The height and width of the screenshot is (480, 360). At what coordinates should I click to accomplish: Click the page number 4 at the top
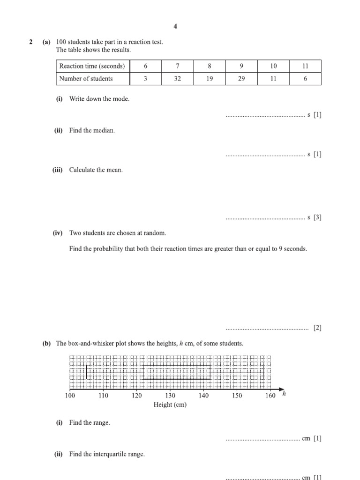[x=175, y=26]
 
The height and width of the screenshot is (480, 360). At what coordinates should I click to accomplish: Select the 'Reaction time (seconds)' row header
[x=92, y=66]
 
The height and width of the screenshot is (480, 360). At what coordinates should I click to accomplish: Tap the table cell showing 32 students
[x=177, y=79]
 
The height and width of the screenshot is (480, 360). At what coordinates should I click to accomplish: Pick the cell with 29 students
[x=241, y=79]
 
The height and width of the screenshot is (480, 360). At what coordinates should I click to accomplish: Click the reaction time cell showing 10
[x=273, y=66]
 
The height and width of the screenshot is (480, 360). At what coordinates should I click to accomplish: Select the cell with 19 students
[x=209, y=79]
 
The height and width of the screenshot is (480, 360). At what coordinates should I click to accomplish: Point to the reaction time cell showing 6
[x=145, y=66]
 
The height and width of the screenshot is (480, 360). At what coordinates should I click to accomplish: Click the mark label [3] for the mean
[x=317, y=217]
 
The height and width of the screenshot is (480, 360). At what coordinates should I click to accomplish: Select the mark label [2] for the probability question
[x=317, y=328]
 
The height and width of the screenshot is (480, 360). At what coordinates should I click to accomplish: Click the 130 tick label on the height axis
[x=170, y=396]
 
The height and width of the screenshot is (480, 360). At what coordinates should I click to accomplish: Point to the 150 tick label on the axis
[x=237, y=396]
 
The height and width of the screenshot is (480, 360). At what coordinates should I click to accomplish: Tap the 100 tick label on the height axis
[x=70, y=396]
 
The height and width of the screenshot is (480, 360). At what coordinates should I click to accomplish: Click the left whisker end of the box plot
[x=87, y=372]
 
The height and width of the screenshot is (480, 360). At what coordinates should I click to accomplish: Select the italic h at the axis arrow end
[x=284, y=394]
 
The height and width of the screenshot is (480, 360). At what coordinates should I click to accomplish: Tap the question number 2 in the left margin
[x=31, y=42]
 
